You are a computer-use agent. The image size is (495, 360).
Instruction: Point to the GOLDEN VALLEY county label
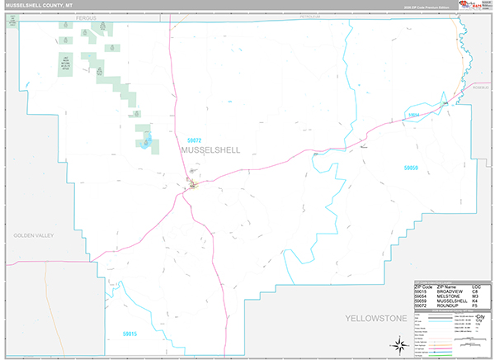tap(33, 236)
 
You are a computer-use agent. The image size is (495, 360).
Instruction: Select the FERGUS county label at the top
tap(82, 17)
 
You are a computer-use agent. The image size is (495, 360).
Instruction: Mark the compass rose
tap(398, 343)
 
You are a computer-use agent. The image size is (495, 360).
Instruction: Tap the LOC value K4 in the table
tap(474, 301)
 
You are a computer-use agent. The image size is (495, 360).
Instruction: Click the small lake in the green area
tap(145, 142)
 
